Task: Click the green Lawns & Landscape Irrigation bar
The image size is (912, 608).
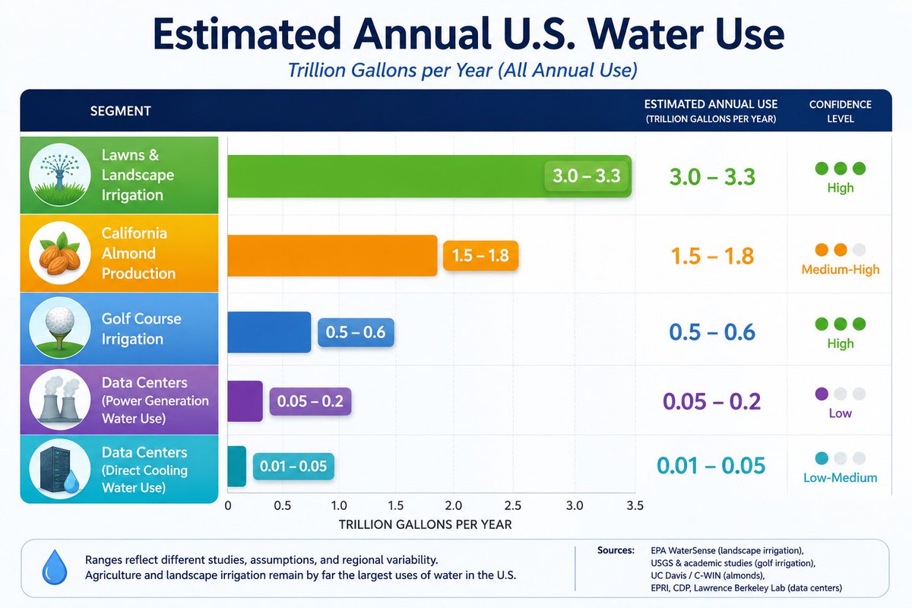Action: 429,176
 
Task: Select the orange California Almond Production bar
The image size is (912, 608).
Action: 332,255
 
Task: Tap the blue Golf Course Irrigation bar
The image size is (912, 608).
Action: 269,332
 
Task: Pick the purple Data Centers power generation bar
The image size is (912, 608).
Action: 245,401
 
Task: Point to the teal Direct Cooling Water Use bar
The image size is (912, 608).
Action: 236,467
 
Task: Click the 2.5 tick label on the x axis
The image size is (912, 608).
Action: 512,506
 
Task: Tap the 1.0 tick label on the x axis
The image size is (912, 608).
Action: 339,506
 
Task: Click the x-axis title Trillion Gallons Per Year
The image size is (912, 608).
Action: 425,524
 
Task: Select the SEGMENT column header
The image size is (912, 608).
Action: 121,111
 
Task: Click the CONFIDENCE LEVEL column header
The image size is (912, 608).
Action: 841,112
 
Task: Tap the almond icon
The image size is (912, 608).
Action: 60,253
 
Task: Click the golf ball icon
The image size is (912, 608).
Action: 60,328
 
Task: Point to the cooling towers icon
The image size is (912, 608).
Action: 60,400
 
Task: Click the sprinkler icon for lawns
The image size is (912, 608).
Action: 60,174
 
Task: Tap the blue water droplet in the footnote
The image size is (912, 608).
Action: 55,567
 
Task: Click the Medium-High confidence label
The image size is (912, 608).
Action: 841,270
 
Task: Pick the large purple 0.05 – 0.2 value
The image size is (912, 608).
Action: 711,401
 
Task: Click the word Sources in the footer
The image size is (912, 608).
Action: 616,550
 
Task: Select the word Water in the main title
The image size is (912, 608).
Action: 645,33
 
